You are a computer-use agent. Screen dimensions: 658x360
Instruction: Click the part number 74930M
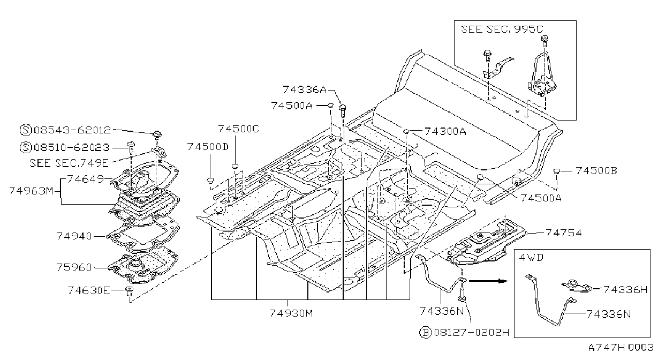291,313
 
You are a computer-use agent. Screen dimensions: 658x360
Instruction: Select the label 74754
564,233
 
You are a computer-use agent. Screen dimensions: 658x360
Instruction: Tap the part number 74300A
445,131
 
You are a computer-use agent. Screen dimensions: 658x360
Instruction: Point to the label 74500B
596,171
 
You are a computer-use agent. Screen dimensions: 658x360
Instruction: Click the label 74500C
239,129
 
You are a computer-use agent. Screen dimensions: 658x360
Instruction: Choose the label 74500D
208,147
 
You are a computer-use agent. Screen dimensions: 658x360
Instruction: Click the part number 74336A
305,89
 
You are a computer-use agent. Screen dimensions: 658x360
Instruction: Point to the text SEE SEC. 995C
502,29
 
